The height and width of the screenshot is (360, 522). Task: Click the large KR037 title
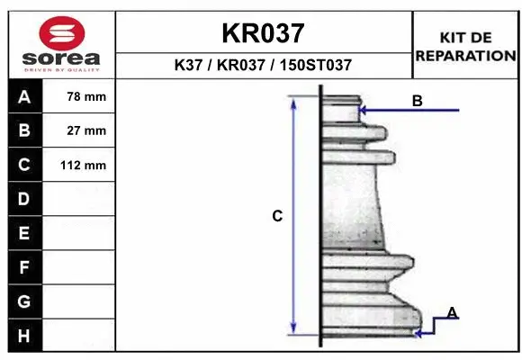[263, 34]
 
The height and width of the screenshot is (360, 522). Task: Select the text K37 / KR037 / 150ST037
[263, 66]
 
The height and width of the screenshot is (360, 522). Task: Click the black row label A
[23, 97]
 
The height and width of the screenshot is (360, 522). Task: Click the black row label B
[23, 130]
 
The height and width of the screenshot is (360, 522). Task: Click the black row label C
[23, 165]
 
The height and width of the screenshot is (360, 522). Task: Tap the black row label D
[23, 198]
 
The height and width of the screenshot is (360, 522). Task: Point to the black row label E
[23, 233]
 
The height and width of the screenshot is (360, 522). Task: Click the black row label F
[23, 267]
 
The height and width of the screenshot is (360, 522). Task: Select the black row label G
[23, 301]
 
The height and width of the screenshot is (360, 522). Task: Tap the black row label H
[23, 336]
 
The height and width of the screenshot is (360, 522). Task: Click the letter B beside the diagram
[418, 101]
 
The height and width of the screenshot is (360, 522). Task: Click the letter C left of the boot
[278, 216]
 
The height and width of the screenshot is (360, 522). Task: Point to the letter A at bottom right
[453, 312]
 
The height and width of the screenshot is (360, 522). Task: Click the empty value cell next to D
[79, 198]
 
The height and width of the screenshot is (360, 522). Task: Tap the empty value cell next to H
[79, 336]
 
